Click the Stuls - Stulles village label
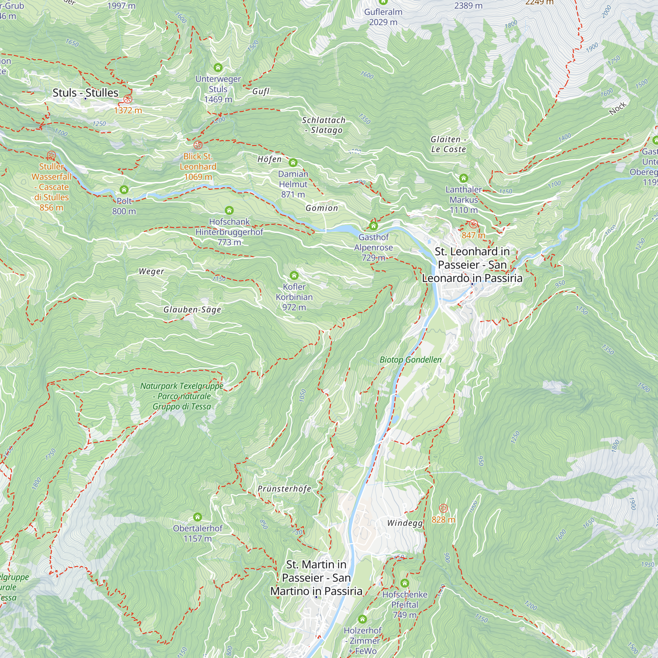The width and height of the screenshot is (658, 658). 85,93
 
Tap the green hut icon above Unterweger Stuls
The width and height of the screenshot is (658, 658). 218,67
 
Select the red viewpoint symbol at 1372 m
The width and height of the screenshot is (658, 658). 128,99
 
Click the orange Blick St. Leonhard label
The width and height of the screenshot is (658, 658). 198,166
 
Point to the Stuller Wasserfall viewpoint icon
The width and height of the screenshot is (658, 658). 51,155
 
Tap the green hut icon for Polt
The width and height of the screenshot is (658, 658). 124,190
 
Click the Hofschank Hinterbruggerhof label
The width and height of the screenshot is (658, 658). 229,232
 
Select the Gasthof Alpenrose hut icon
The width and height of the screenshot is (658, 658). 374,226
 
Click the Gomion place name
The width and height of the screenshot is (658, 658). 322,208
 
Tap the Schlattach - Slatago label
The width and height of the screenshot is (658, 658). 323,125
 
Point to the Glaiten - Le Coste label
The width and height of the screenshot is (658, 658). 448,144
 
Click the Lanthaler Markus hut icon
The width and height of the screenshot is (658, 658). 464,178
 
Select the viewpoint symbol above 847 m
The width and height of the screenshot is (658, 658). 473,224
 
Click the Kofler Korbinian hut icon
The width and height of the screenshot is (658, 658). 294,275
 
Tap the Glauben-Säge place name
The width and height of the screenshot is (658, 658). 192,310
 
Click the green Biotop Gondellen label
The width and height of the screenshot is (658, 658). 410,360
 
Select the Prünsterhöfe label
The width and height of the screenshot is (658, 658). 284,489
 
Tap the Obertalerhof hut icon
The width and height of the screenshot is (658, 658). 197,517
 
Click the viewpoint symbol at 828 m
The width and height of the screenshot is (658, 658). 443,509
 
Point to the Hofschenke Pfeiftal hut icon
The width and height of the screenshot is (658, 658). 405,583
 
